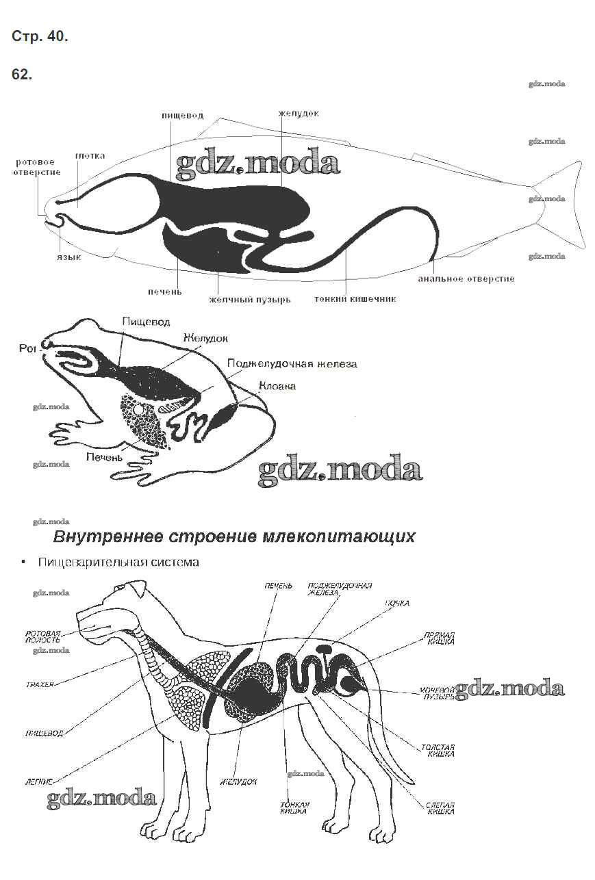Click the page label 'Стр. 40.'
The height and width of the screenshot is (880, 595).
[40, 37]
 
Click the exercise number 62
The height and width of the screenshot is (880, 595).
[22, 75]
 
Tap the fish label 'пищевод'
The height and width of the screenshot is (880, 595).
[182, 116]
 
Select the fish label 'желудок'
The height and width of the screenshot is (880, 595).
[298, 113]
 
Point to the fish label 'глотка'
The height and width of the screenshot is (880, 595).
[90, 156]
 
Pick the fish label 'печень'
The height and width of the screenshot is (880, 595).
[165, 292]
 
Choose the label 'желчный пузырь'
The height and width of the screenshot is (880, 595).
[249, 299]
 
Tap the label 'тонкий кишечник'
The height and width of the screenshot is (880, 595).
[355, 298]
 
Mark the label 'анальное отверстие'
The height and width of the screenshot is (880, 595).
[466, 279]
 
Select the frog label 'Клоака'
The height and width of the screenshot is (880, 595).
[277, 386]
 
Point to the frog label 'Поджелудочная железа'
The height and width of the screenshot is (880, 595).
[292, 363]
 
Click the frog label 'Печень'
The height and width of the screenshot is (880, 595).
[104, 456]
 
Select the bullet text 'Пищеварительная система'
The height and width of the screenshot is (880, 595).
[118, 562]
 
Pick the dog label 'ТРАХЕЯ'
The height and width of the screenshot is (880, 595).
[40, 684]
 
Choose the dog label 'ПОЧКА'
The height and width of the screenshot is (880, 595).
[396, 604]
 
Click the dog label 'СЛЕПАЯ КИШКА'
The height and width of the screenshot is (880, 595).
[440, 808]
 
